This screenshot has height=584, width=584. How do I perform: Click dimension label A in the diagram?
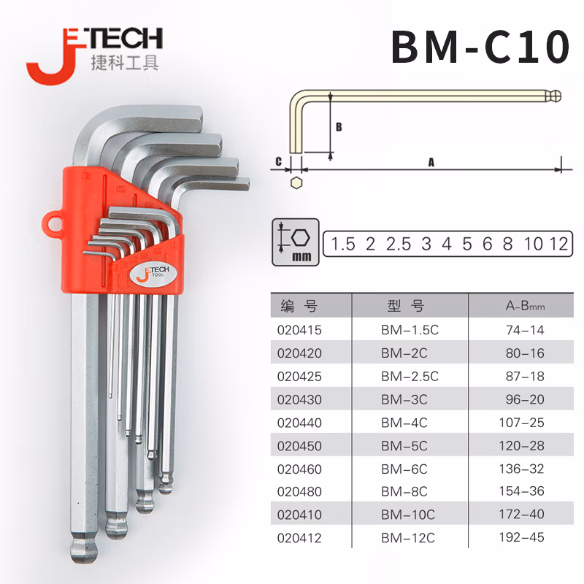pyautogui.click(x=431, y=164)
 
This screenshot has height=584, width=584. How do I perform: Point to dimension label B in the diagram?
pyautogui.click(x=338, y=126)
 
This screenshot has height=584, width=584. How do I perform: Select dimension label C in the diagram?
pyautogui.click(x=278, y=161)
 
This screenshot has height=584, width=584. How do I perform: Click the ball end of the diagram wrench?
pyautogui.click(x=556, y=95)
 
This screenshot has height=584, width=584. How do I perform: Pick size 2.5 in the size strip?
pyautogui.click(x=398, y=244)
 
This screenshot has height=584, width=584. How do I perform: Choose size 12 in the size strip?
pyautogui.click(x=559, y=244)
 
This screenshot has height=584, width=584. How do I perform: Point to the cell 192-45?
pyautogui.click(x=525, y=537)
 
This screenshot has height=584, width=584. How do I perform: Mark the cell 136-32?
pyautogui.click(x=525, y=468)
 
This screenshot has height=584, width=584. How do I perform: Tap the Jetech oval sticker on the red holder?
pyautogui.click(x=152, y=275)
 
